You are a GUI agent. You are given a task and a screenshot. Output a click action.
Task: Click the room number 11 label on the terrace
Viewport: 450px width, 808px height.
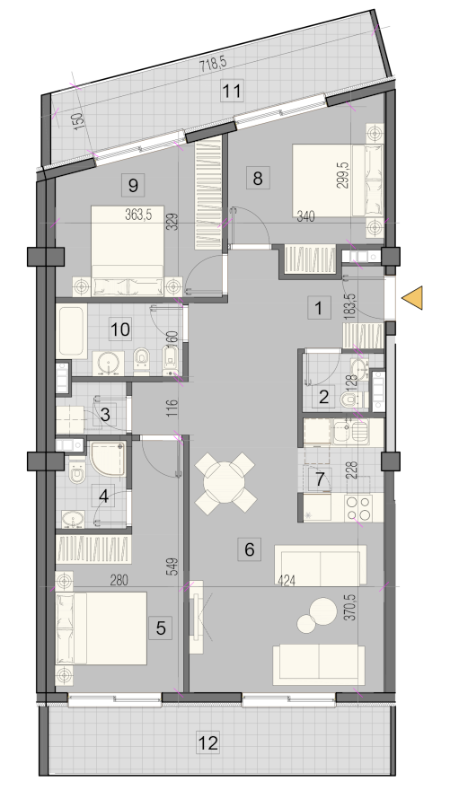click(x=232, y=92)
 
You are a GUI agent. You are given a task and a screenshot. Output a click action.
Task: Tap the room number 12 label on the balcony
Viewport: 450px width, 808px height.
click(x=208, y=743)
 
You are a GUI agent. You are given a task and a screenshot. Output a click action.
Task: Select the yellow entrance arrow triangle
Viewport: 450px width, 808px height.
click(x=412, y=298)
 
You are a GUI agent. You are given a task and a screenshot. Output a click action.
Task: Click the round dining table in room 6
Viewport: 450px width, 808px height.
click(x=225, y=482)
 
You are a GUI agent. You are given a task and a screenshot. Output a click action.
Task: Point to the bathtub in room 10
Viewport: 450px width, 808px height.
click(x=72, y=331)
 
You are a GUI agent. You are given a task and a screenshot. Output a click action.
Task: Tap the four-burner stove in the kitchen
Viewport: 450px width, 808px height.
click(x=358, y=507)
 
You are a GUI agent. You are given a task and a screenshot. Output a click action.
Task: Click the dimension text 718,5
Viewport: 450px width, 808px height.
click(x=213, y=65)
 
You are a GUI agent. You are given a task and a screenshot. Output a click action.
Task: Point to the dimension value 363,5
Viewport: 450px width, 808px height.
click(x=138, y=215)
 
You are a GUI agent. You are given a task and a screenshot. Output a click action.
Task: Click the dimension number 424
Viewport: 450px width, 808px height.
click(x=287, y=581)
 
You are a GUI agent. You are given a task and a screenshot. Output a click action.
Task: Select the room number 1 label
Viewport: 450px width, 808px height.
click(x=319, y=308)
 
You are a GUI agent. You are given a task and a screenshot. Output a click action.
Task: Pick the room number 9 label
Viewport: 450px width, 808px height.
click(x=133, y=184)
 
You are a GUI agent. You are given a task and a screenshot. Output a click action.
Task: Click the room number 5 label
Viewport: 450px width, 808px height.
click(x=160, y=628)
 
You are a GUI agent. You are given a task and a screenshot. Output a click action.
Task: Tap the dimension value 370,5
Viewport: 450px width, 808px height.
click(x=353, y=607)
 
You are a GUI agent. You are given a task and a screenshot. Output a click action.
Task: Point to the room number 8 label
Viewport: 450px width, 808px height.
click(x=257, y=179)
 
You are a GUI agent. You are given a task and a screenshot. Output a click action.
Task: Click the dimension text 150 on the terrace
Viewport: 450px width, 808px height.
click(x=78, y=122)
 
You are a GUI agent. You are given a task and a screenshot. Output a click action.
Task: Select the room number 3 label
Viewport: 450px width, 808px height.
click(x=105, y=414)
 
